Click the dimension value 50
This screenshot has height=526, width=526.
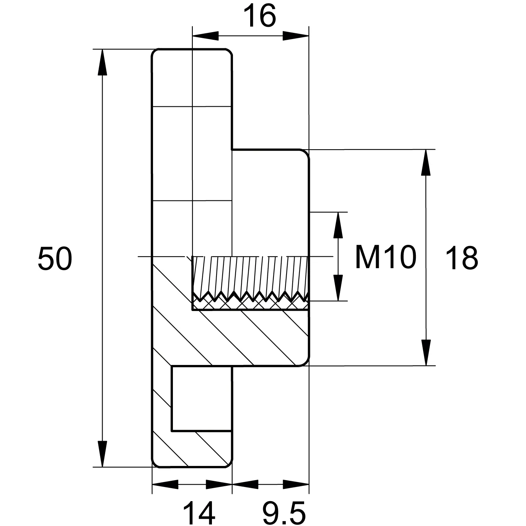click(x=55, y=258)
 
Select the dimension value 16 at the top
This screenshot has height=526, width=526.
click(x=260, y=16)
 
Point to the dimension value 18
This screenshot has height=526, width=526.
click(x=462, y=258)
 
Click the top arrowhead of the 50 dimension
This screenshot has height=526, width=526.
click(x=103, y=62)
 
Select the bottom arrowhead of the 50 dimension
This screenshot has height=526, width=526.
click(x=103, y=454)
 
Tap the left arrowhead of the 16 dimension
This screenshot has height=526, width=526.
click(x=205, y=36)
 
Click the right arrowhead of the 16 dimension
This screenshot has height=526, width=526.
click(x=296, y=36)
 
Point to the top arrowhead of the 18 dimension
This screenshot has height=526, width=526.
click(x=426, y=163)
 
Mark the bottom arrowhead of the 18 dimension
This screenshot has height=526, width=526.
click(x=426, y=353)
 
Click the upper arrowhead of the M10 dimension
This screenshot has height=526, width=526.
click(x=338, y=225)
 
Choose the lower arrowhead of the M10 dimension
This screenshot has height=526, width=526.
click(x=338, y=288)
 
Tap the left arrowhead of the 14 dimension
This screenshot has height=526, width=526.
click(x=165, y=485)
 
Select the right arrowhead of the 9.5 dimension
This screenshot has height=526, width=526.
click(x=296, y=485)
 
